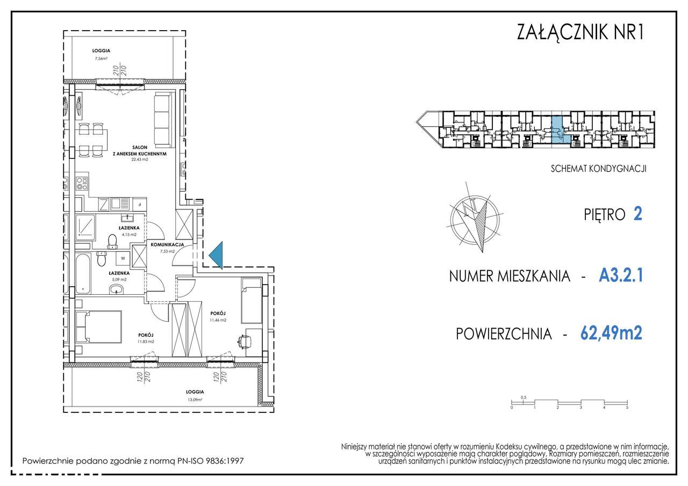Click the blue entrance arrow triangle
click(217, 255)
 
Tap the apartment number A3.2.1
click(620, 276)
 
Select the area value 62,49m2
click(611, 333)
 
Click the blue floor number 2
click(638, 214)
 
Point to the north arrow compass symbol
click(477, 221)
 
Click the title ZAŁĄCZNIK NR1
click(579, 33)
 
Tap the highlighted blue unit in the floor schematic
click(558, 129)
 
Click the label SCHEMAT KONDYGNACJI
click(598, 168)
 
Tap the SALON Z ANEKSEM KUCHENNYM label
click(138, 150)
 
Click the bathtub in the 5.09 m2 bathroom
click(83, 273)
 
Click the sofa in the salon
click(163, 119)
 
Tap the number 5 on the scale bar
click(627, 408)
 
